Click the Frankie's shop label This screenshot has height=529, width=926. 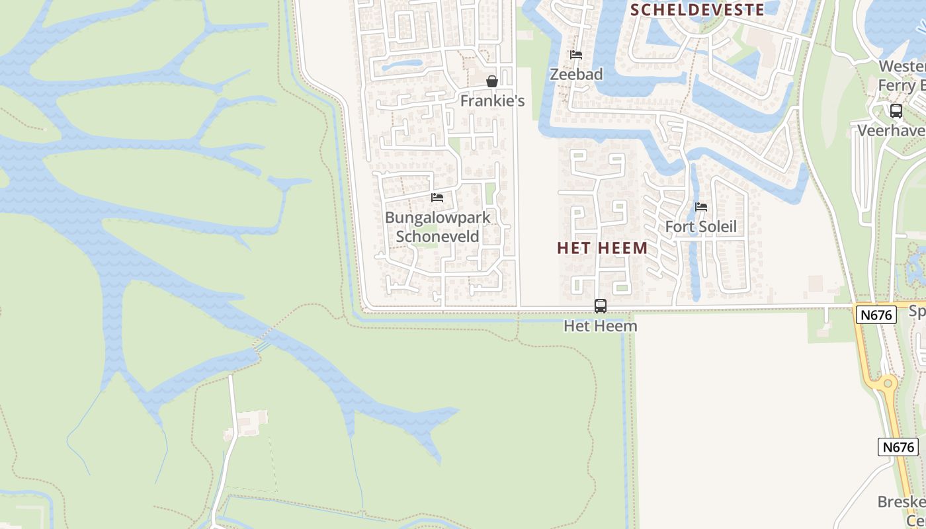pos(492,101)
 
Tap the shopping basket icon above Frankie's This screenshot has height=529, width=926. pos(492,82)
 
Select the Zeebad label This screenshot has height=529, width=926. pos(576,74)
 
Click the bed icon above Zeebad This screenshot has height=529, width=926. pos(576,55)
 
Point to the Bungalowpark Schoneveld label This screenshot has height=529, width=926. pos(437,227)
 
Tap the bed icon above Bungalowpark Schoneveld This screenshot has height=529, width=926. pos(437,198)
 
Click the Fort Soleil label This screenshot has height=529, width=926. pos(700,227)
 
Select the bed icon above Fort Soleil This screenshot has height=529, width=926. pos(701,207)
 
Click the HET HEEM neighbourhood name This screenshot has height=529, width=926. pos(602,248)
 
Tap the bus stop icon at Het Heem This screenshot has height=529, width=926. pos(601,306)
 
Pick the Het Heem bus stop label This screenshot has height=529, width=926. pos(601,326)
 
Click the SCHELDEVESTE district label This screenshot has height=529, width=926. pos(697,9)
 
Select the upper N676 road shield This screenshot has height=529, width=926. pos(876,315)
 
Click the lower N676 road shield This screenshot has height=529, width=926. pos(899,447)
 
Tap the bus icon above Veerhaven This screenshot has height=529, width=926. pos(896,111)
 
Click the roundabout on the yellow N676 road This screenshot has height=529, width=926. pos(886,384)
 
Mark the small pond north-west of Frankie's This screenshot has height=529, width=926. pos(401,65)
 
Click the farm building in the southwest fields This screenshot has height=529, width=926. pos(252,419)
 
